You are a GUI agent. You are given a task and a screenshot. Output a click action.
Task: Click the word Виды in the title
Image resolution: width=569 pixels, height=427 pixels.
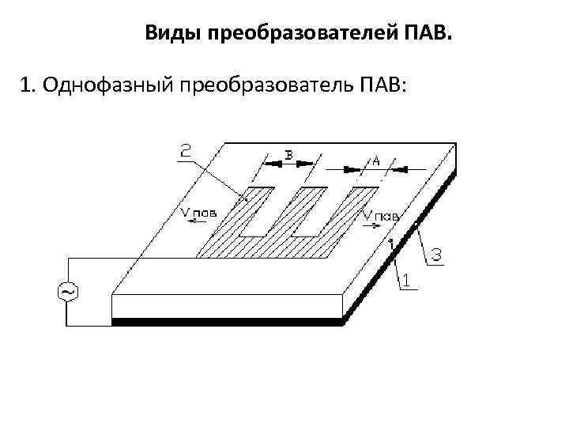point(171,34)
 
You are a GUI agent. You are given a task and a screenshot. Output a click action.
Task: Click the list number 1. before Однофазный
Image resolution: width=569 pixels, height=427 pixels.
point(30,85)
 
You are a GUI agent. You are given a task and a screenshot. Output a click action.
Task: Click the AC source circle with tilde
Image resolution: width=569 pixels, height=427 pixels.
point(66,292)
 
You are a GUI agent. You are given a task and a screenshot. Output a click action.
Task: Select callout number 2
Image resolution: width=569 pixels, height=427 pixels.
point(186,150)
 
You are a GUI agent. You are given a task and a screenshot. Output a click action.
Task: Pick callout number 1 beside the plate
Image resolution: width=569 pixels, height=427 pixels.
point(406,280)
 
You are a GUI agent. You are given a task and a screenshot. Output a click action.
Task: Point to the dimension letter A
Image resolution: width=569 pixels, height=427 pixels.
point(375,161)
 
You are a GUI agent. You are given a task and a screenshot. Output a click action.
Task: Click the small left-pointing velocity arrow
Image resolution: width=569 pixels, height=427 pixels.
point(193,224)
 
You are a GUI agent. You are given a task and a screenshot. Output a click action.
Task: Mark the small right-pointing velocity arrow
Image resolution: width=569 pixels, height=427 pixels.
point(371,224)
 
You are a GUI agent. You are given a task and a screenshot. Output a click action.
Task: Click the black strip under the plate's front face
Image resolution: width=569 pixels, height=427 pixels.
point(228,321)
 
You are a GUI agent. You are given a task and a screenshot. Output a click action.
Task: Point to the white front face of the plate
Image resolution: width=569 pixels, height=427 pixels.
point(228,305)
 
